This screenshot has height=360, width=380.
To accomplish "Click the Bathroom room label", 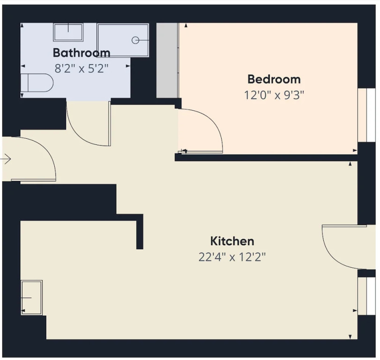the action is (x=82, y=52).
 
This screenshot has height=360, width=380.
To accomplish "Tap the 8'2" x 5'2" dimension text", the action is (x=82, y=68).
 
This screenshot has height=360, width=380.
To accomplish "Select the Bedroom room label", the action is (x=274, y=79).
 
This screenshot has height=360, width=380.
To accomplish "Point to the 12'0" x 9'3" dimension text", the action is (x=274, y=95).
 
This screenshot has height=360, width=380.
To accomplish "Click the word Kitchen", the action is (x=232, y=241).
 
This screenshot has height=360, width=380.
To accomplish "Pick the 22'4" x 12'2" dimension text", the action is (x=232, y=257).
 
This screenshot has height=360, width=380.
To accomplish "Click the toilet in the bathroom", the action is (x=37, y=82).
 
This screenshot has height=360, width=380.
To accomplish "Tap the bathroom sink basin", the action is (x=68, y=32).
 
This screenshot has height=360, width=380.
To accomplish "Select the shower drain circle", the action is (x=135, y=40).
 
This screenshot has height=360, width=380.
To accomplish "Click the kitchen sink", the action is (x=32, y=298).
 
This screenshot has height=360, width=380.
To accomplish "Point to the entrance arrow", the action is (x=6, y=159).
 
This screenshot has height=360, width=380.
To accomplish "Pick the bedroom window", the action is (x=367, y=115).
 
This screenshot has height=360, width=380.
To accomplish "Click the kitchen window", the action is (x=367, y=296).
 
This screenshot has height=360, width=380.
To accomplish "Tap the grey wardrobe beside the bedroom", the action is (x=167, y=60).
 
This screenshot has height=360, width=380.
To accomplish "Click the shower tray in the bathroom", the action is (x=123, y=40).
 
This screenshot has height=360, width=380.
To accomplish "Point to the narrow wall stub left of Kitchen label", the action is (x=140, y=232).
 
